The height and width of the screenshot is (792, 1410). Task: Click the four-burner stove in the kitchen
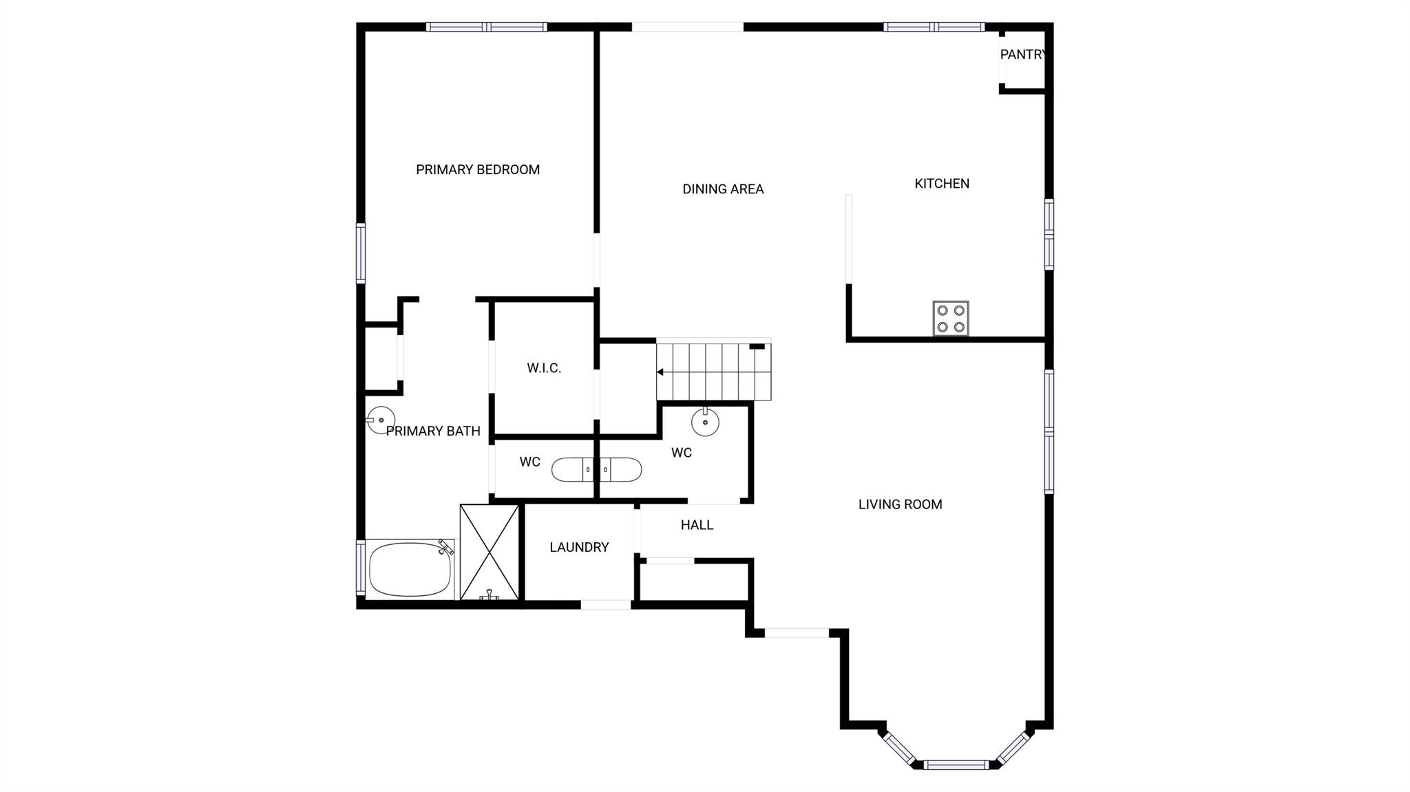pyautogui.click(x=951, y=319)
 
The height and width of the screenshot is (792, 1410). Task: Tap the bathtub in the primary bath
pyautogui.click(x=410, y=570)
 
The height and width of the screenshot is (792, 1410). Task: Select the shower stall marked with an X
pyautogui.click(x=490, y=553)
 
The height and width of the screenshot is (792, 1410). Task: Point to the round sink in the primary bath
pyautogui.click(x=381, y=420)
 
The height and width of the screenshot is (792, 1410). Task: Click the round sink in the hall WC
pyautogui.click(x=705, y=422)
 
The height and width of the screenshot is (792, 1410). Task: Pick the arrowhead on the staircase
pyautogui.click(x=660, y=372)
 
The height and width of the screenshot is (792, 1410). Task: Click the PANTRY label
pyautogui.click(x=1023, y=54)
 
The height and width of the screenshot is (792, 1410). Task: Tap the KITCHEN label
pyautogui.click(x=942, y=184)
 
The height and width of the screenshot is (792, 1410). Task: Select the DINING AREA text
pyautogui.click(x=723, y=189)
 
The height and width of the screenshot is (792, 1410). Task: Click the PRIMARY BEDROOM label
pyautogui.click(x=478, y=170)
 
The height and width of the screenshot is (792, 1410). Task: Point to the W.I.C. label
pyautogui.click(x=544, y=368)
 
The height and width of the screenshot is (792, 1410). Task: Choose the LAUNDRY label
pyautogui.click(x=579, y=547)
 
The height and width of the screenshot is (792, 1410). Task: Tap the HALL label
pyautogui.click(x=697, y=525)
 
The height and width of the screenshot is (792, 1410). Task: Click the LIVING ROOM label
pyautogui.click(x=900, y=504)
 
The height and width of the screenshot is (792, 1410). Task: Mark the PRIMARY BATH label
pyautogui.click(x=433, y=431)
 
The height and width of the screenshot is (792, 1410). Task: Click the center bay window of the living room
pyautogui.click(x=956, y=764)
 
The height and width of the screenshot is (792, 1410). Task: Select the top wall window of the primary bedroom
pyautogui.click(x=487, y=27)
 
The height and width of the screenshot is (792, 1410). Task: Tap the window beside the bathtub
pyautogui.click(x=360, y=568)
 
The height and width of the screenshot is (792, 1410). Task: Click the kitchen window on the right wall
pyautogui.click(x=1049, y=234)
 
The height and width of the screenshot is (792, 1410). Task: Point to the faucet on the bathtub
pyautogui.click(x=446, y=547)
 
